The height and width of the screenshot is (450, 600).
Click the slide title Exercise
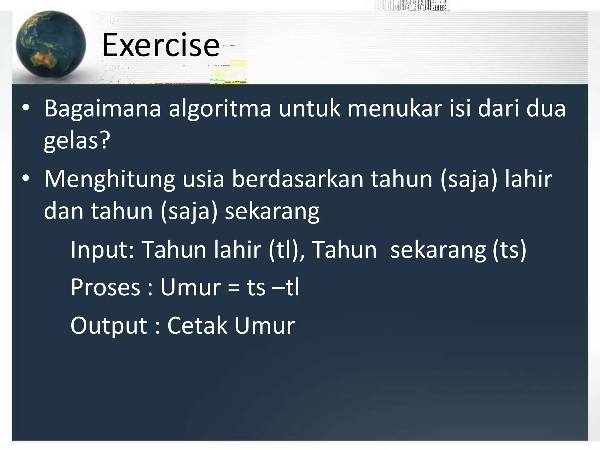point(161,45)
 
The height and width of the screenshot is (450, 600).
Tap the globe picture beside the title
point(51,45)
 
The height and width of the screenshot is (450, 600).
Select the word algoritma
point(220,109)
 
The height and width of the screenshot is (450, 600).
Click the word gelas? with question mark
point(77,141)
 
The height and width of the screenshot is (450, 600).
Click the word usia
point(203,179)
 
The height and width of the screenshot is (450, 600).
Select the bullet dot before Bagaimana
point(26,108)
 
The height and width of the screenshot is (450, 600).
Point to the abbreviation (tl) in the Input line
point(283,250)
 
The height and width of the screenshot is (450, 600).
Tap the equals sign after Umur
point(233,288)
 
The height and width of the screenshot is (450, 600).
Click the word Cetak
point(197,325)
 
